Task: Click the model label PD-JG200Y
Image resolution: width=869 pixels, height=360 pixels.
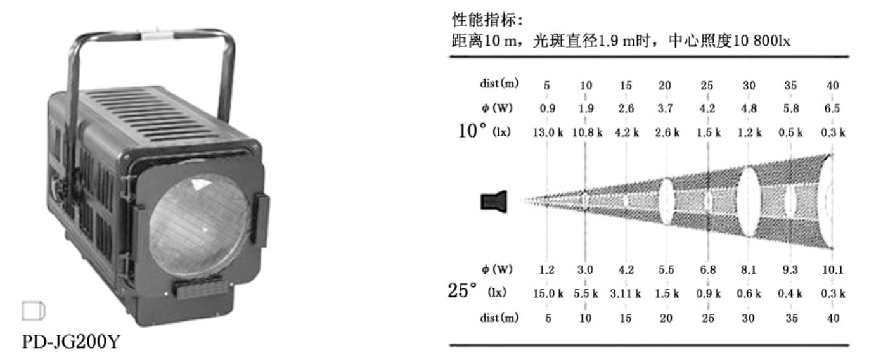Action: pos(70,342)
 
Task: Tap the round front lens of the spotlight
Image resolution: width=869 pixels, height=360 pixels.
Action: pos(200,225)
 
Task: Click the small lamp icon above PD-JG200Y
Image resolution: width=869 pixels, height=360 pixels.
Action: pos(34,311)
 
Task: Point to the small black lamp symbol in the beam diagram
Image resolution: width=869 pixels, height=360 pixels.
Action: pos(494,202)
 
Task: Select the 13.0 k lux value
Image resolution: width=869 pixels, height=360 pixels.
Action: pos(548,132)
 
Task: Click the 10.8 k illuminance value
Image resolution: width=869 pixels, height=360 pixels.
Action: pos(587,132)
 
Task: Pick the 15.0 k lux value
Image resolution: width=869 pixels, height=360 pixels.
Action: pos(548,293)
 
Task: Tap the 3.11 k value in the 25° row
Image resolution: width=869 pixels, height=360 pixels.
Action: pos(626,293)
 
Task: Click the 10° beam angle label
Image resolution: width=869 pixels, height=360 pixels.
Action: pos(472,131)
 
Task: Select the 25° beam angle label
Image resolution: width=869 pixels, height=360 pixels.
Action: pos(462,290)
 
